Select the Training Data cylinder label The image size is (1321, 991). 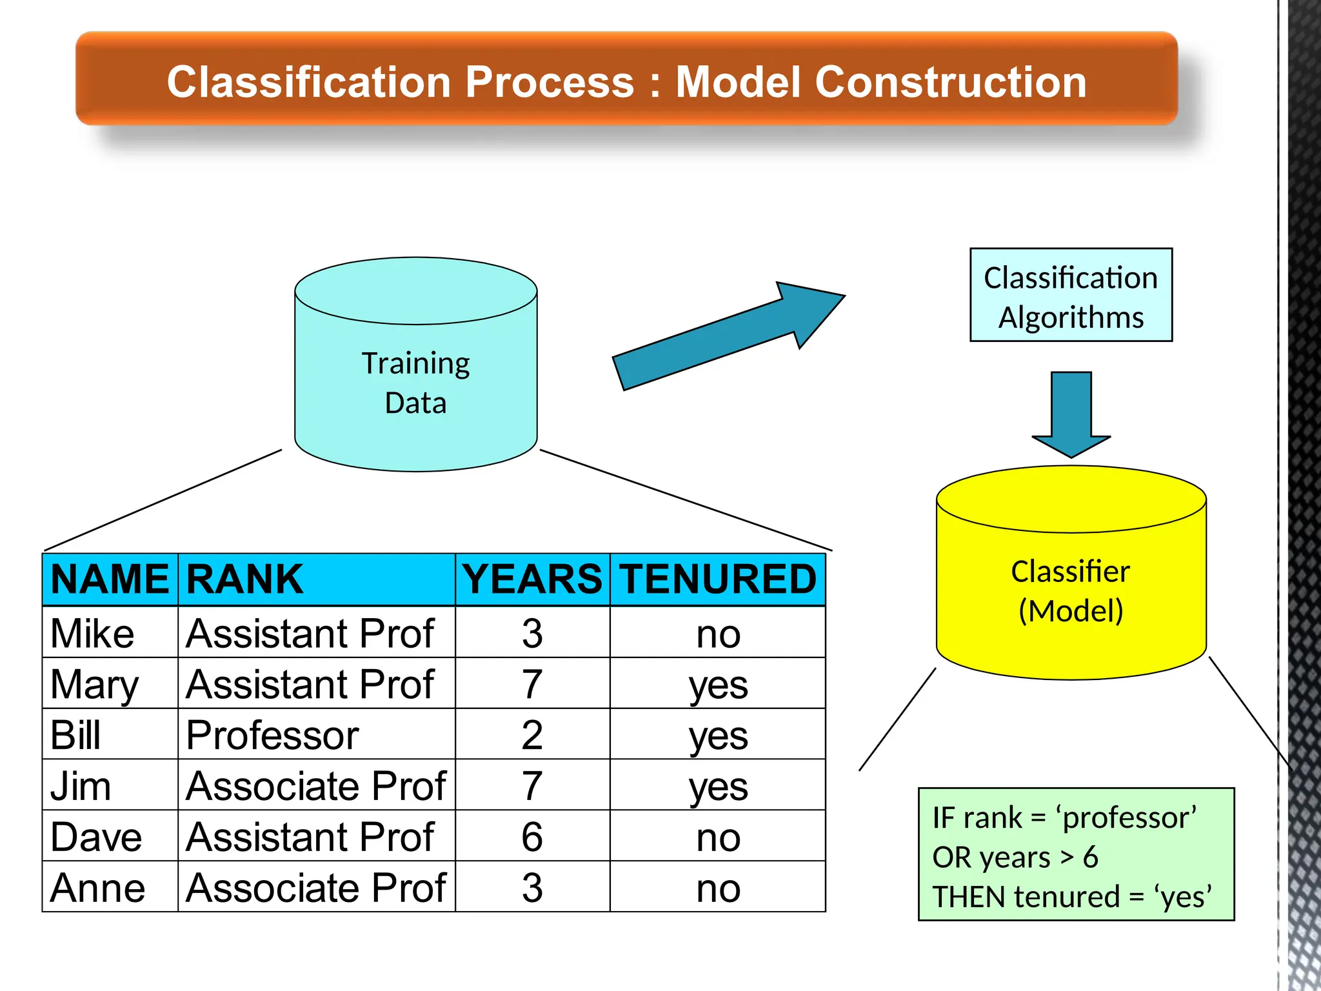point(415,383)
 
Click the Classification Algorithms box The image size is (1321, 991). point(1071,295)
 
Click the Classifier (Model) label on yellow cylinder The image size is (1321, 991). point(1071,591)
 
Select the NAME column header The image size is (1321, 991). point(110,579)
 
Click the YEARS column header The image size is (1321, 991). point(532,579)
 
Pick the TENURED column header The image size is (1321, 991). point(718,579)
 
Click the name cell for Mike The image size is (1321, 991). point(92,634)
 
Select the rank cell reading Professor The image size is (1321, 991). point(272,735)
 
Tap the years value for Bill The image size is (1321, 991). point(532,735)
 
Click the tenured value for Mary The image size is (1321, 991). point(718,685)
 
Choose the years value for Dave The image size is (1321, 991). point(532,837)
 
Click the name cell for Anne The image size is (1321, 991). point(97,888)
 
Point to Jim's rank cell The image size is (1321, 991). point(315,786)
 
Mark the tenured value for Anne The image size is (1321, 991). point(718,888)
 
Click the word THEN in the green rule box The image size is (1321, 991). point(962,897)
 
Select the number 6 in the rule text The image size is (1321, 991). point(1090,857)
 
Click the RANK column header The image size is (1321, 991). point(244,579)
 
